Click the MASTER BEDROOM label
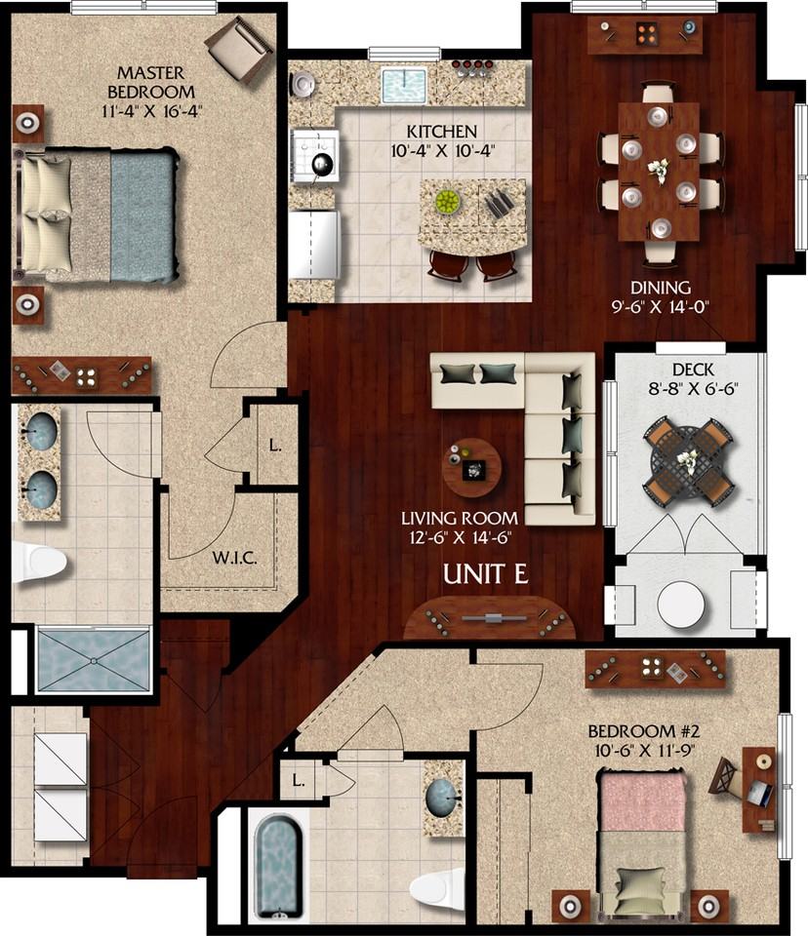(151, 82)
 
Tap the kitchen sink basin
(404, 87)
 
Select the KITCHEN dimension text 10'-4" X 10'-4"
(442, 150)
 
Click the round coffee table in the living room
(471, 468)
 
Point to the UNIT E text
(485, 574)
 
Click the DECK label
(693, 370)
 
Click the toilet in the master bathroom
(38, 562)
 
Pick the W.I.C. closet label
(234, 559)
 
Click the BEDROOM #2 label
(644, 730)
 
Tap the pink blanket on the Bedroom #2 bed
(642, 801)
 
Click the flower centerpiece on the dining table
(658, 171)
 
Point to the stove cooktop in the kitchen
(315, 156)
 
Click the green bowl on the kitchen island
(448, 202)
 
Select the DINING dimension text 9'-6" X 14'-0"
(660, 307)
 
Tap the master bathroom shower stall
(94, 660)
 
